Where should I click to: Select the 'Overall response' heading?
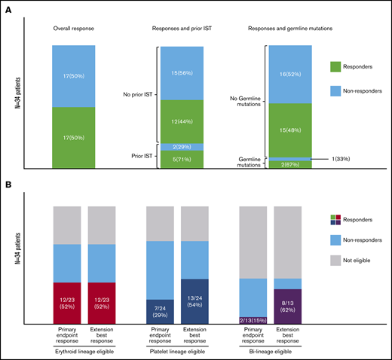click(73, 29)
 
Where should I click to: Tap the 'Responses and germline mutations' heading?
click(289, 29)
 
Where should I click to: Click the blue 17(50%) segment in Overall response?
click(73, 75)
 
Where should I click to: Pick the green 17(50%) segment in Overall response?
click(73, 137)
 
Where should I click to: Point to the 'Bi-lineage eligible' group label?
click(272, 350)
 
